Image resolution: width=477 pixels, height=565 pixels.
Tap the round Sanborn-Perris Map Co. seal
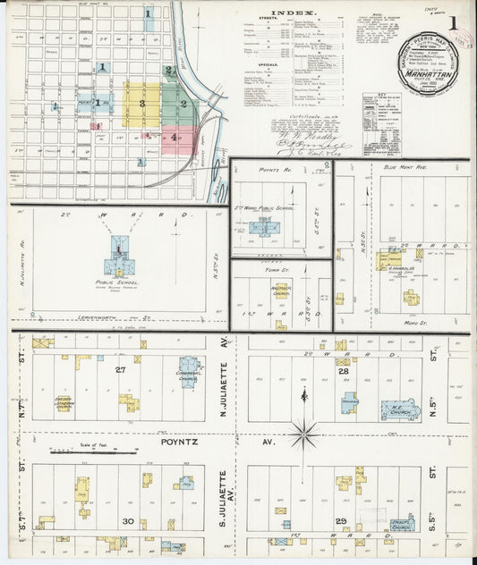click(429, 62)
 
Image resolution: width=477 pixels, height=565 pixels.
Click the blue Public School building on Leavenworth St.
click(119, 258)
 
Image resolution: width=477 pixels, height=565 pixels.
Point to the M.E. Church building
click(400, 410)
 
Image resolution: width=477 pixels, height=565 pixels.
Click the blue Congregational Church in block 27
click(188, 371)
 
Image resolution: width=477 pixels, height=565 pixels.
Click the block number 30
click(128, 521)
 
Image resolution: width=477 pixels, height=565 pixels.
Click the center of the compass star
click(304, 435)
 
